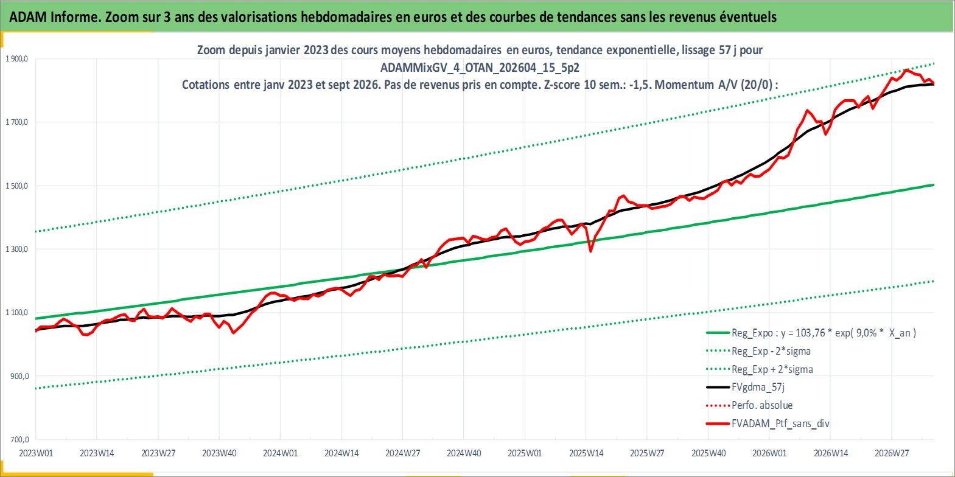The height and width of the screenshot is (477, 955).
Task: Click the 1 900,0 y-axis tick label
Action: coord(17,59)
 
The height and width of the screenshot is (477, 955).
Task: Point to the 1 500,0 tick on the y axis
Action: coord(17,186)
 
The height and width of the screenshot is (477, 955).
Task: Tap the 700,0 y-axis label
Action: coord(19,439)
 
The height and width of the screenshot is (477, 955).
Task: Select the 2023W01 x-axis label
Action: coord(36,453)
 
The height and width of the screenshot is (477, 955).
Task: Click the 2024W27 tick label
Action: coord(402,453)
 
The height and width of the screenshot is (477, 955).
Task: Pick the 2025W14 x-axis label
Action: coord(586,453)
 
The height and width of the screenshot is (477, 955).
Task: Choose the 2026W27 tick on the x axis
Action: coord(892,453)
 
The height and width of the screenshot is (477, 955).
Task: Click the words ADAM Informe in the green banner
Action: coord(54,17)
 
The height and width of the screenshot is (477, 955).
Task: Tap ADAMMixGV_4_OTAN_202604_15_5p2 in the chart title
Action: coord(480,68)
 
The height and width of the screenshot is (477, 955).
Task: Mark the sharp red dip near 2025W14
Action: coord(590,251)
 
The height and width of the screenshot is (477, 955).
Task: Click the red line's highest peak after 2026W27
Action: coord(906,69)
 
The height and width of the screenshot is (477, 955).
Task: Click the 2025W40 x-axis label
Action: coord(708,453)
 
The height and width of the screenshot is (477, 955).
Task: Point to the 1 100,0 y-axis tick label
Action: coord(17,313)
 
